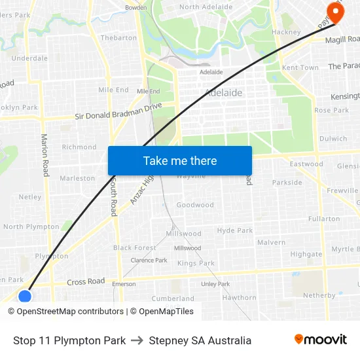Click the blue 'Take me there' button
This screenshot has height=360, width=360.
(179, 160)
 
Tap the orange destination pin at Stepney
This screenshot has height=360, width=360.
(336, 12)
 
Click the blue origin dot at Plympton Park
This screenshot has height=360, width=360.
(25, 297)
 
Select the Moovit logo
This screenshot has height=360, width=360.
(320, 340)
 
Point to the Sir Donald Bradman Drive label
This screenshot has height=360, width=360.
(118, 111)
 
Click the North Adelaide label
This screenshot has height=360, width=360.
(206, 7)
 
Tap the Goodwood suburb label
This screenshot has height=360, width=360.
(195, 205)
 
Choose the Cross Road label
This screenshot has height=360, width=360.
(86, 281)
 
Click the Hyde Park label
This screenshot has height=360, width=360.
(235, 230)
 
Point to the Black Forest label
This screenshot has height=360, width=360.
(135, 248)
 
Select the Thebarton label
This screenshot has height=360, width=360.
(118, 38)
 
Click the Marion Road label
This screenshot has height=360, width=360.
(45, 155)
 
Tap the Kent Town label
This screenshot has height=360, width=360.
(300, 67)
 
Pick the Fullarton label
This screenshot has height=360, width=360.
(323, 219)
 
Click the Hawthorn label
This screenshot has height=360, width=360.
(239, 298)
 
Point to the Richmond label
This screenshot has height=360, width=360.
(79, 147)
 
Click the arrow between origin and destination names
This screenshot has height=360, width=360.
(137, 340)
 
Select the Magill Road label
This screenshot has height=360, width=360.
(342, 39)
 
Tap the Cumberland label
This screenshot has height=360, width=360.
(173, 298)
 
